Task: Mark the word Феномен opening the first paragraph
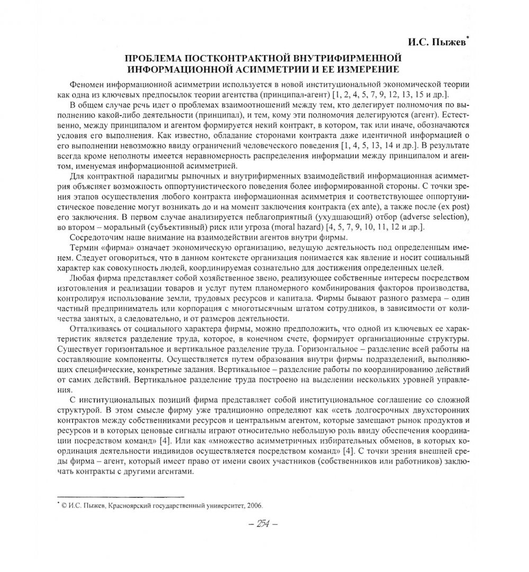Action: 87,85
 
